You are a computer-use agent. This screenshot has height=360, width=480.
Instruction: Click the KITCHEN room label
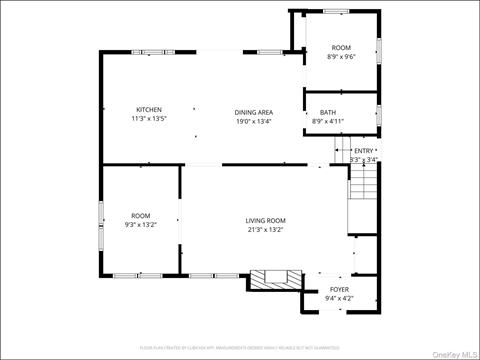149,110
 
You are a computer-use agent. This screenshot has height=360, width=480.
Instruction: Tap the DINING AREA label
254,112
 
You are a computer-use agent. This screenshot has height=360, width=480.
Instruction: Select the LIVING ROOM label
266,220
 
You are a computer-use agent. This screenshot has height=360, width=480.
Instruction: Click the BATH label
328,112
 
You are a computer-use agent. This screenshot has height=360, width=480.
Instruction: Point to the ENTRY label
364,151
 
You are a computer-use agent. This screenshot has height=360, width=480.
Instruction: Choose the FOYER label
337,290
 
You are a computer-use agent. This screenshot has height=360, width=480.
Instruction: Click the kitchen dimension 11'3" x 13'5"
149,120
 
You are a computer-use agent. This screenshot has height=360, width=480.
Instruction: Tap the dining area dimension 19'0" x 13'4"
254,121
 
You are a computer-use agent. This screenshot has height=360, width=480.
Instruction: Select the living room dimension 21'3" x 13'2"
266,230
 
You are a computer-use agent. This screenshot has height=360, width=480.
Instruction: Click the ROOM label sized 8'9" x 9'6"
342,48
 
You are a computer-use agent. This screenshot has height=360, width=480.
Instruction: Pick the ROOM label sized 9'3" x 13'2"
140,216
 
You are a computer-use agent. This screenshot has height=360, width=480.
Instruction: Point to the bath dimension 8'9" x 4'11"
328,121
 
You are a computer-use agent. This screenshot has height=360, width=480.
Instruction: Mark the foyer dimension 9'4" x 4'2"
337,299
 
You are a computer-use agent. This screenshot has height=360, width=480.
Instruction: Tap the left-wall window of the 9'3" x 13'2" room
100,222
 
